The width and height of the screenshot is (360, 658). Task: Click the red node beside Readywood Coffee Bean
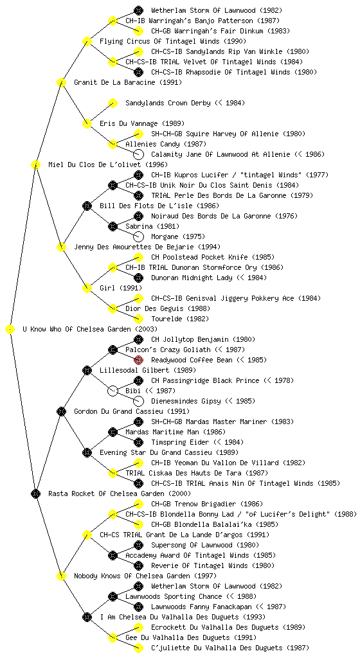[138, 360]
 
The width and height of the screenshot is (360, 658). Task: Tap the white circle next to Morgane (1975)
[138, 236]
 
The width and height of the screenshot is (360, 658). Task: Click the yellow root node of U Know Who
[10, 330]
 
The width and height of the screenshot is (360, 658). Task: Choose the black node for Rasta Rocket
[35, 494]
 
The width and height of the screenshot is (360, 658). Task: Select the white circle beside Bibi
[113, 391]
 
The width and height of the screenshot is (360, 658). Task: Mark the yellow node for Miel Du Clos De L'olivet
[35, 164]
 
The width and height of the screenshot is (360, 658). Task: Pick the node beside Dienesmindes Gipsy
[138, 401]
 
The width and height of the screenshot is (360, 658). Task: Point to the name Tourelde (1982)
[179, 319]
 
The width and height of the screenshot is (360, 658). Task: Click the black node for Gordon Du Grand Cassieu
[61, 412]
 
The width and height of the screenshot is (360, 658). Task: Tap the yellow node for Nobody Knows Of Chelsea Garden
[61, 576]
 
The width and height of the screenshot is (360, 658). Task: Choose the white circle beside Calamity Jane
[138, 154]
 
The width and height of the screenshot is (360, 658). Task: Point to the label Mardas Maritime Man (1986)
[175, 432]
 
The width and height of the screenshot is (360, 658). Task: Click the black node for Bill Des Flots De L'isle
[87, 206]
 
